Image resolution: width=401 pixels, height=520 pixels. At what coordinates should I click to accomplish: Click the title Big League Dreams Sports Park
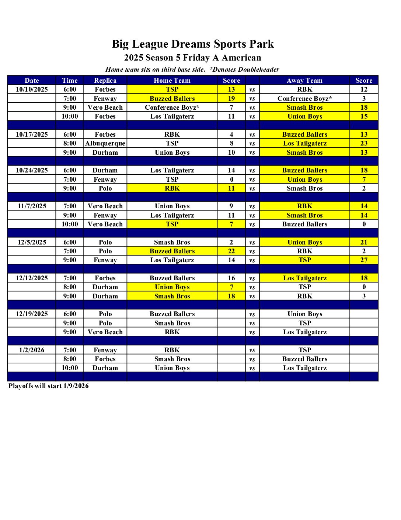193,44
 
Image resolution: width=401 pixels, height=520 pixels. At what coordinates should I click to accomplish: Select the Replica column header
105,81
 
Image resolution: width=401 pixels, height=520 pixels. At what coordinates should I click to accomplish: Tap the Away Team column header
304,81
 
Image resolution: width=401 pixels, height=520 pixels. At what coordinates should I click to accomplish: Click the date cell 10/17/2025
32,134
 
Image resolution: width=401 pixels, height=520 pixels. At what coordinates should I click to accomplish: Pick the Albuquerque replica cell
105,143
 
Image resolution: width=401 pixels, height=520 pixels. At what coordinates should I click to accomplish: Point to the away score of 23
364,143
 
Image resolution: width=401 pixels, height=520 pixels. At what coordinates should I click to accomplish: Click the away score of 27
364,260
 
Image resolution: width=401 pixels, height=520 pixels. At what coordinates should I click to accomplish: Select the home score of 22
231,251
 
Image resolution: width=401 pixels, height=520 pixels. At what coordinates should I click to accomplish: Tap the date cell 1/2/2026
32,350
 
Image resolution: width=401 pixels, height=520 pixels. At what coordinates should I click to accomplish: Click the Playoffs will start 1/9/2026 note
49,386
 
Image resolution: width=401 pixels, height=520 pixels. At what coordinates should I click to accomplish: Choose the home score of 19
231,99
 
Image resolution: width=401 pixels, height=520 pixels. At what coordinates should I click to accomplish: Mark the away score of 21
364,242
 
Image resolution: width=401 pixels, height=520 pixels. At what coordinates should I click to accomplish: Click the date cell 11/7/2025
32,206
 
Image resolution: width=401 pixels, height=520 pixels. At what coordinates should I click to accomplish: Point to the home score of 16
231,278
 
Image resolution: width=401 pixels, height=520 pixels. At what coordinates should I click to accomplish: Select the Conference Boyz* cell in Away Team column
304,99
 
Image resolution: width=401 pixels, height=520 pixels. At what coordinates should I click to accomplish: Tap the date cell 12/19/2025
32,314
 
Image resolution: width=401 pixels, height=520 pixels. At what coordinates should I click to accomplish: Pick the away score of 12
364,89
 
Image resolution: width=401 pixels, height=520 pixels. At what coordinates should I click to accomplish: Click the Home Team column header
172,81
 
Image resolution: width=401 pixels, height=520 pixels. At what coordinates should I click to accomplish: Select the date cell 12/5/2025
32,242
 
